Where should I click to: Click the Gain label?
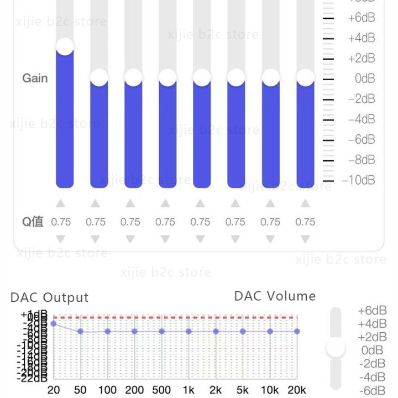35,78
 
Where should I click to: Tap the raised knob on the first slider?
65,46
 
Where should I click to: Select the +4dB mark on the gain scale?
362,38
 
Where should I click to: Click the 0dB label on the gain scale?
365,78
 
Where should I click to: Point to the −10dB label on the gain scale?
358,180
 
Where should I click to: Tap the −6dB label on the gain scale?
362,139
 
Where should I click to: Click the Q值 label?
33,222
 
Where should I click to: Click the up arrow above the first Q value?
61,203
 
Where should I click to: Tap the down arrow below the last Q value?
305,240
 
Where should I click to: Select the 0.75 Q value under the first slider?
61,222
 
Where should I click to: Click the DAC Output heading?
49,297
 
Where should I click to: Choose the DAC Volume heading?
275,296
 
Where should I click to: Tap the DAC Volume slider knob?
336,349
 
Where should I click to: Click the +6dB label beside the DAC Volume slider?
373,311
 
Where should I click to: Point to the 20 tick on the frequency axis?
54,390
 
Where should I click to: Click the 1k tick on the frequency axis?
188,390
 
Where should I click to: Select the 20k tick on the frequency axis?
297,390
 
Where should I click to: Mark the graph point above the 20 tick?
54,323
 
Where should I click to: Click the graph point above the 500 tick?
161,331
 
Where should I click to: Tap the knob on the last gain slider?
305,77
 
